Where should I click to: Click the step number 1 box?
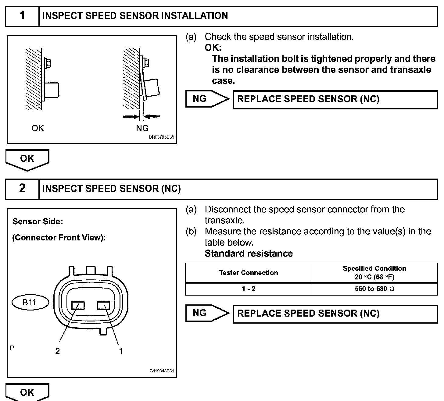pyautogui.click(x=22, y=16)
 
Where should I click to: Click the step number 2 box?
pyautogui.click(x=22, y=189)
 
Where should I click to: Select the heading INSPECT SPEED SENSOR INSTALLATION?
pyautogui.click(x=135, y=16)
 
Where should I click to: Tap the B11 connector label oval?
pyautogui.click(x=30, y=303)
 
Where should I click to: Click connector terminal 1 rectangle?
pyautogui.click(x=103, y=305)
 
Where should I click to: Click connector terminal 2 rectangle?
pyautogui.click(x=78, y=305)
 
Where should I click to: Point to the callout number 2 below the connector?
pyautogui.click(x=57, y=351)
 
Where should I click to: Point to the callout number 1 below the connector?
pyautogui.click(x=121, y=351)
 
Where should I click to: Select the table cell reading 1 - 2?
pyautogui.click(x=249, y=289)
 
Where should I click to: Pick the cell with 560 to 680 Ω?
pyautogui.click(x=374, y=289)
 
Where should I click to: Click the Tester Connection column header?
pyautogui.click(x=249, y=273)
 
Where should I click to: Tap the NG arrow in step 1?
pyautogui.click(x=207, y=99)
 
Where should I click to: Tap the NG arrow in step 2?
pyautogui.click(x=207, y=313)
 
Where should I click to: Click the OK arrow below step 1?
pyautogui.click(x=27, y=159)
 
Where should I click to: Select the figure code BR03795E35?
pyautogui.click(x=162, y=137)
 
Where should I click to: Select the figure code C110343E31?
pyautogui.click(x=162, y=371)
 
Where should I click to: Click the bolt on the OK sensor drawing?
pyautogui.click(x=48, y=63)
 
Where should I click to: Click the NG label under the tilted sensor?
pyautogui.click(x=142, y=128)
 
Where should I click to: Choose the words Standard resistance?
pyautogui.click(x=249, y=254)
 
